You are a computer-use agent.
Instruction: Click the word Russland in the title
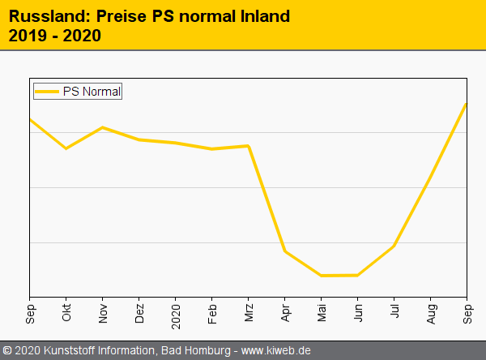pyautogui.click(x=45, y=16)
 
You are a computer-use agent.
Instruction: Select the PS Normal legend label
pyautogui.click(x=92, y=92)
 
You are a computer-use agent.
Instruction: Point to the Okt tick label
pyautogui.click(x=66, y=313)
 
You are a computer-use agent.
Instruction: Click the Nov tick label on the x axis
pyautogui.click(x=103, y=314)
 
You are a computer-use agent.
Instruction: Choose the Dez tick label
pyautogui.click(x=139, y=314)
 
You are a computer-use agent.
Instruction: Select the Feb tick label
pyautogui.click(x=212, y=313)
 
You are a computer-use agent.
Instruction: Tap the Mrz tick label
pyautogui.click(x=249, y=313)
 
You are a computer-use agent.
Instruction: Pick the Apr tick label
pyautogui.click(x=285, y=313)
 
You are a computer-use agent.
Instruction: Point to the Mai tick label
pyautogui.click(x=322, y=313)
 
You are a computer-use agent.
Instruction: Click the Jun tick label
pyautogui.click(x=358, y=313)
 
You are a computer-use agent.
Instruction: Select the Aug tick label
pyautogui.click(x=431, y=314)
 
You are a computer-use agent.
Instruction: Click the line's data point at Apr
pyautogui.click(x=285, y=251)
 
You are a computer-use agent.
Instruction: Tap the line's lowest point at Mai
pyautogui.click(x=322, y=276)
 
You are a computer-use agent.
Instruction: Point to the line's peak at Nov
pyautogui.click(x=103, y=127)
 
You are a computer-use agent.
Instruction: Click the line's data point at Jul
pyautogui.click(x=394, y=245)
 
